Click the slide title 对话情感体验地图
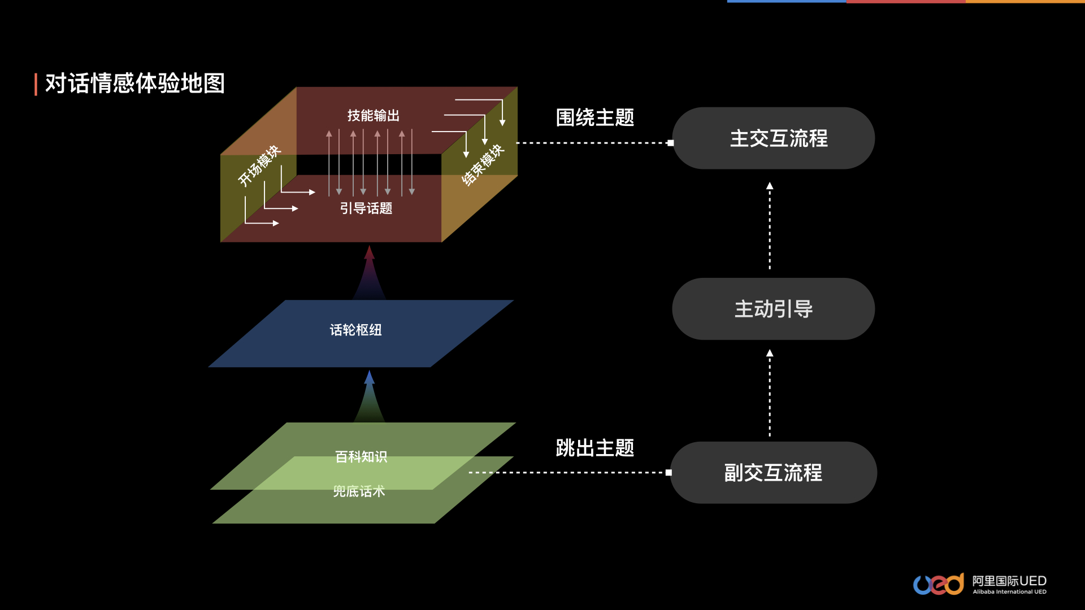point(135,84)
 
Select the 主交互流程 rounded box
point(773,138)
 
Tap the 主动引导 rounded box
point(773,309)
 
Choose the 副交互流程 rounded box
point(773,473)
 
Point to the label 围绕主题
point(594,117)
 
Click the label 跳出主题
point(594,448)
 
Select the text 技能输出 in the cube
point(373,116)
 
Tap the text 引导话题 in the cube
point(366,208)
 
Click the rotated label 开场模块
point(259,165)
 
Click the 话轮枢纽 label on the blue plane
point(355,330)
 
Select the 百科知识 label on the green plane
point(361,456)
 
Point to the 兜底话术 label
point(359,491)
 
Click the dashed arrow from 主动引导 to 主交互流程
point(770,226)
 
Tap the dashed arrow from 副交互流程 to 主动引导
point(770,393)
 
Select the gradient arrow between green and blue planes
point(370,398)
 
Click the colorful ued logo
point(939,584)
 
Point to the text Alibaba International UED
point(1009,592)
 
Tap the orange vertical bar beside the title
point(36,84)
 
